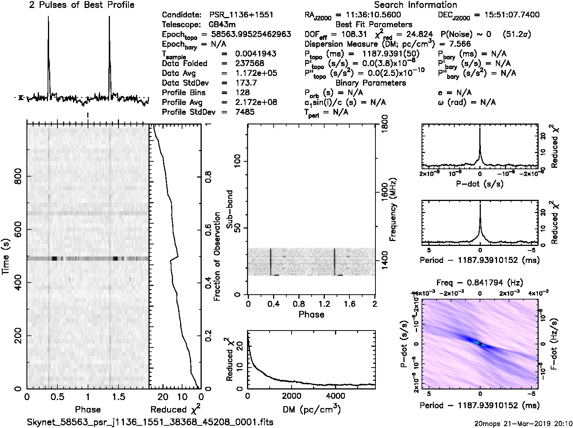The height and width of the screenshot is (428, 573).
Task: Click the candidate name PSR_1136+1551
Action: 241,15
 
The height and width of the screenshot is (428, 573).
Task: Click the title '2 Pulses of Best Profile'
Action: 82,5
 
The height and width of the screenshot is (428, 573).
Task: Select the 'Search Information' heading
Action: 415,5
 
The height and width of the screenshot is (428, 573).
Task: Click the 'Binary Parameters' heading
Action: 371,83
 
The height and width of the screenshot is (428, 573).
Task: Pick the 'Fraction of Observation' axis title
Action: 217,256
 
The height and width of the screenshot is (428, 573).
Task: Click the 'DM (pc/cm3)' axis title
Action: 311,409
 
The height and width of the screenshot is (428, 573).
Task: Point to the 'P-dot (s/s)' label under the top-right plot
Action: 479,184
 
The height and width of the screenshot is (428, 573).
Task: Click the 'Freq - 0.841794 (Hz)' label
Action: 479,283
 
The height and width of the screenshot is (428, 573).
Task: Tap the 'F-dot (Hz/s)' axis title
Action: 554,344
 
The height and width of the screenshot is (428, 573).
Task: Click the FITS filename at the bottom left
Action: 150,422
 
